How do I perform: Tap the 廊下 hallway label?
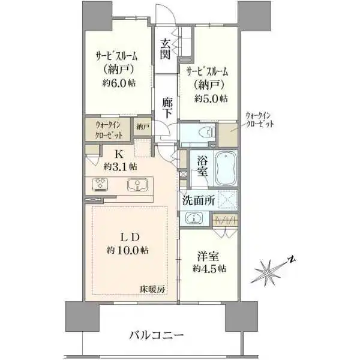[167, 106]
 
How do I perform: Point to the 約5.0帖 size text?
[210, 98]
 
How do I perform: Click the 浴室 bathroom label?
[202, 166]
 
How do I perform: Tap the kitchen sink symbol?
[139, 185]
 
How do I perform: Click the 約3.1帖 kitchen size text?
[120, 166]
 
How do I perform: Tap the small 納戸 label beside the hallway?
[143, 127]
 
